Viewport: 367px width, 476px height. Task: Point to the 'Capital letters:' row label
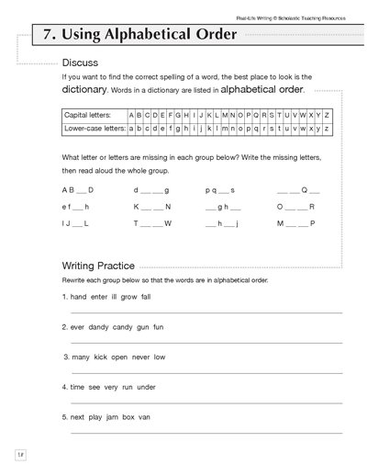coord(89,116)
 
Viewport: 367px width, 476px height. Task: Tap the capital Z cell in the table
coord(328,116)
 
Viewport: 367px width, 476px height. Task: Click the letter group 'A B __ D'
coord(77,189)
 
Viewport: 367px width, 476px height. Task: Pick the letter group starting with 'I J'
coord(74,223)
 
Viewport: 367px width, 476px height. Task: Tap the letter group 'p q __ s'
coord(221,189)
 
